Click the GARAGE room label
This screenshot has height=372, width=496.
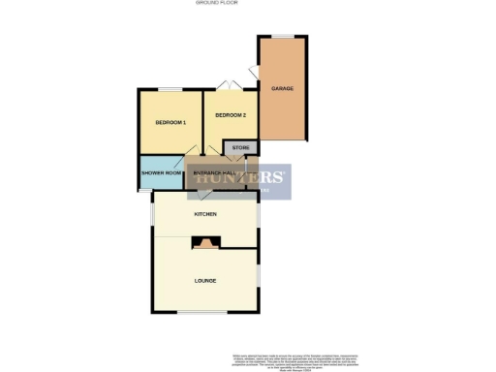(282, 88)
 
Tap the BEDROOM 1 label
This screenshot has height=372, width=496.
(170, 122)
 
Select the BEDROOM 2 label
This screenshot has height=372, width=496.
(231, 115)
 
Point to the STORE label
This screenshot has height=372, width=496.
(240, 148)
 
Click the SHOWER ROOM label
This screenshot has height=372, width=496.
(162, 172)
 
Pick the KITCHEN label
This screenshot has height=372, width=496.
(205, 213)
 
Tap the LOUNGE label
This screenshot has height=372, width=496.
(204, 281)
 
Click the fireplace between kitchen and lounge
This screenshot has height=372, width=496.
(205, 243)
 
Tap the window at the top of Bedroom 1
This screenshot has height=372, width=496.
(170, 90)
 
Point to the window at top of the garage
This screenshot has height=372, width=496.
(283, 37)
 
